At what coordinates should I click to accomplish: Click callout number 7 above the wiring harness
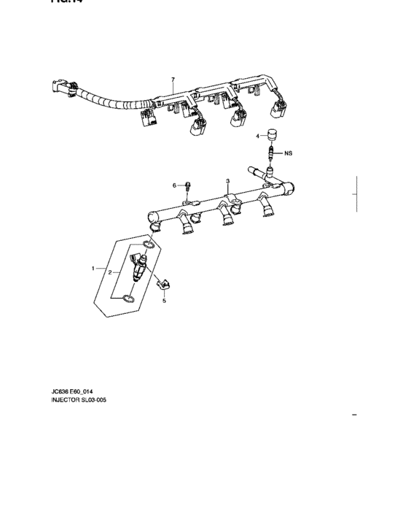click(x=173, y=78)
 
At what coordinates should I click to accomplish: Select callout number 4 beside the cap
click(x=258, y=136)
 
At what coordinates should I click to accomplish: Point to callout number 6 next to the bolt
click(x=175, y=185)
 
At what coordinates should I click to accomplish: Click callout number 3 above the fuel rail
click(x=228, y=180)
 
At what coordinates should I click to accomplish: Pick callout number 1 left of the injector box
click(x=93, y=269)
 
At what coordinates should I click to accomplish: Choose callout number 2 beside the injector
click(x=110, y=272)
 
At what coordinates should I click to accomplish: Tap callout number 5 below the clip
click(x=164, y=300)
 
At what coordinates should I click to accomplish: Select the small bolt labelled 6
click(x=187, y=186)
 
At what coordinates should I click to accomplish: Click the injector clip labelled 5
click(x=165, y=283)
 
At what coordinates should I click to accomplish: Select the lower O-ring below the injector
click(x=128, y=298)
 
